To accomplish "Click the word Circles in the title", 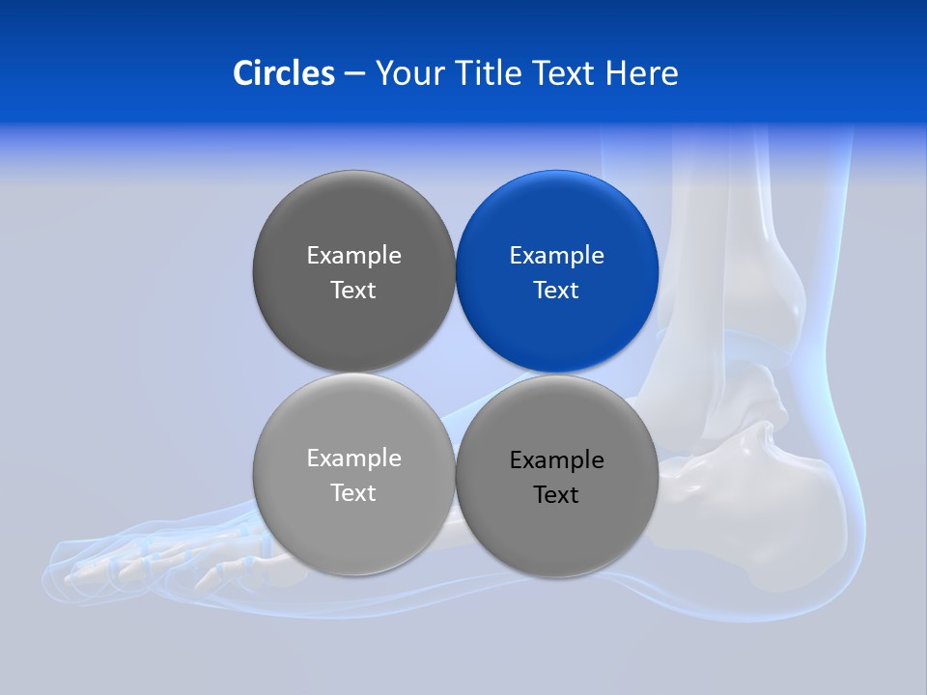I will pos(283,73).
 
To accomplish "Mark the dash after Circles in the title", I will pos(354,74).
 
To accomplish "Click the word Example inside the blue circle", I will pos(556,256).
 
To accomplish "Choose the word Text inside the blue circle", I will pos(556,291).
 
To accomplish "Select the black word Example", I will pos(556,460).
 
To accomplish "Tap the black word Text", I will pos(556,495).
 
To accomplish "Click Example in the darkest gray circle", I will pos(353,256).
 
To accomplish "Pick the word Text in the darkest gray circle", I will pos(353,291).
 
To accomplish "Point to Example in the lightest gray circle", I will pos(353,459).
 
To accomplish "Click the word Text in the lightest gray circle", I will pos(353,493).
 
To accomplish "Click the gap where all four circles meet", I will pos(455,373).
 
